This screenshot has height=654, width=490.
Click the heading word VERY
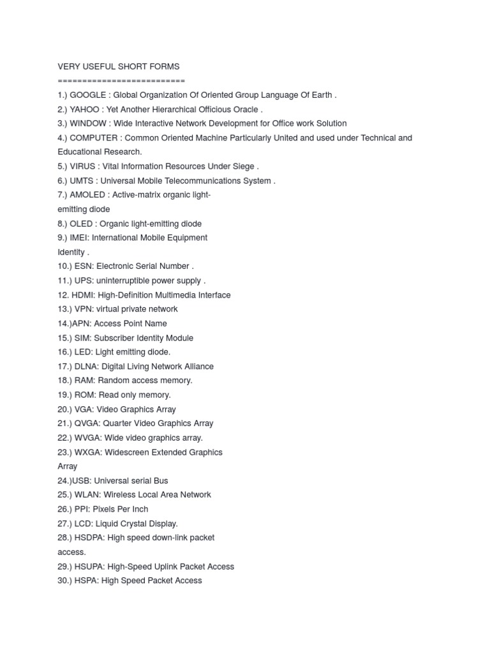pos(70,66)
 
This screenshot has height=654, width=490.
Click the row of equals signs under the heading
pos(121,80)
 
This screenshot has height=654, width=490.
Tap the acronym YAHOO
pos(85,109)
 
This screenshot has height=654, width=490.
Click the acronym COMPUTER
pos(94,138)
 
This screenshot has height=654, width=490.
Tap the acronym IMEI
pos(81,238)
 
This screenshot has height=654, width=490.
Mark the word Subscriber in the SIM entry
pos(114,338)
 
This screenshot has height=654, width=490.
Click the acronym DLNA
pos(86,367)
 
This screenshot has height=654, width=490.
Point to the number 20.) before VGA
pos(65,409)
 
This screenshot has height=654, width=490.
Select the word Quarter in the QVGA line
pos(119,423)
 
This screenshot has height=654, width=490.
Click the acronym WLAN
pos(87,495)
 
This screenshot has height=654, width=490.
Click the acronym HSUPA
pos(89,567)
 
